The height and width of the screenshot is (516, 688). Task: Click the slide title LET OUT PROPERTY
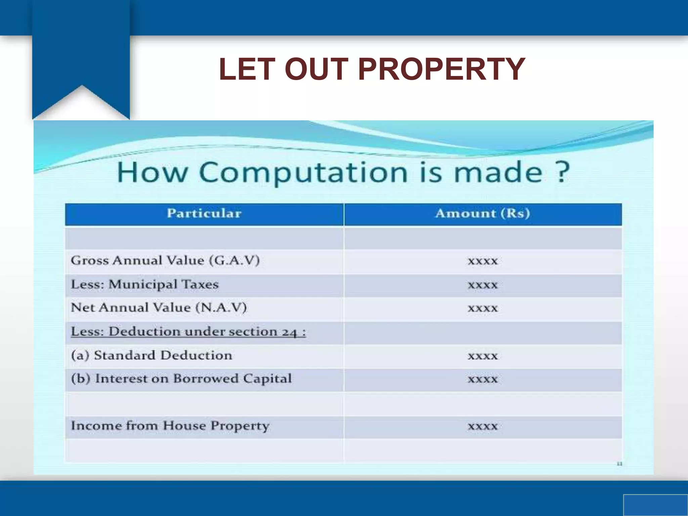pos(372,69)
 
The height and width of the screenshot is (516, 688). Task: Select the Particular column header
pos(204,214)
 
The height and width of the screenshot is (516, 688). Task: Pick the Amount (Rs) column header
pos(482,214)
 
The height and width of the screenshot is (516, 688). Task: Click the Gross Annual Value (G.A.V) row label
pos(165,261)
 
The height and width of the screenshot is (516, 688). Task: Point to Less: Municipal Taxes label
pos(145,285)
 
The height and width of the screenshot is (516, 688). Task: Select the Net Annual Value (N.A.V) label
pos(159,308)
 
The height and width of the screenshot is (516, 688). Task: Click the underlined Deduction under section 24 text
pos(188,332)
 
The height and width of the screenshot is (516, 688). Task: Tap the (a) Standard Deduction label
pos(152,355)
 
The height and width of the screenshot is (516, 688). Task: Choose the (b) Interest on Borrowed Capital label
pos(181,379)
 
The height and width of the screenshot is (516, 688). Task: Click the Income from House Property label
pos(170,426)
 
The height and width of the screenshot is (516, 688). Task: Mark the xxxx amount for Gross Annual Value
pos(482,261)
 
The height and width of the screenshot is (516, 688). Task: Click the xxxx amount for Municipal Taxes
pos(482,285)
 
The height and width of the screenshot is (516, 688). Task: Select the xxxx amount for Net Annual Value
pos(482,308)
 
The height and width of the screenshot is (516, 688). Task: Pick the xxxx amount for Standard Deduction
pos(482,356)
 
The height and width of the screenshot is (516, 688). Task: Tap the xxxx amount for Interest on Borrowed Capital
pos(482,379)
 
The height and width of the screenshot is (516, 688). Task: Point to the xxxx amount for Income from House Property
pos(482,426)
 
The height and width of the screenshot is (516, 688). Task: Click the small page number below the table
pos(619,464)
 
